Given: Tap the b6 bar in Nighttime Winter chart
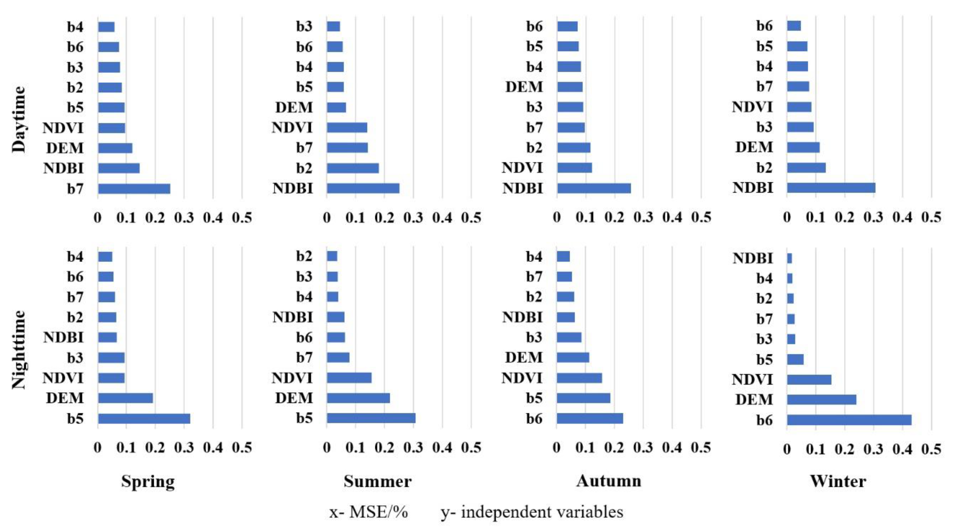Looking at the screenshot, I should (849, 420).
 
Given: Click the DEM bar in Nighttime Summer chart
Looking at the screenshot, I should (358, 398).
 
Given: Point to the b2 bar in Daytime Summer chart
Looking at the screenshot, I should (352, 168).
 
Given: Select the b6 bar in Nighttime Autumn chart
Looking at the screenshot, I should (590, 419).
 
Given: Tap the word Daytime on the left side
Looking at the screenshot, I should (18, 119).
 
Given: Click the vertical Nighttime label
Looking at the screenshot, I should (18, 349).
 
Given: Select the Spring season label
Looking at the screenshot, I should (148, 482).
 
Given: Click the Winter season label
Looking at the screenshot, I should (838, 482).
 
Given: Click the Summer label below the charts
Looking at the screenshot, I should (377, 482).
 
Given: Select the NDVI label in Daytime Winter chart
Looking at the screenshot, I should (752, 107).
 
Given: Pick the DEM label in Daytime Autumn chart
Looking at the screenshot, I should (524, 87).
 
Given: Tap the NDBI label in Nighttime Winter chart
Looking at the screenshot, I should (753, 258).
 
